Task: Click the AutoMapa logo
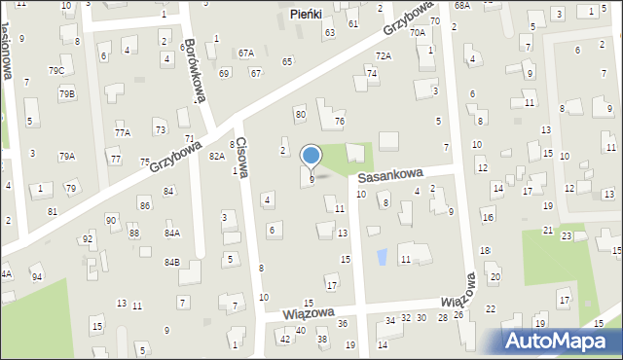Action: point(562,340)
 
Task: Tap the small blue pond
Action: point(382,257)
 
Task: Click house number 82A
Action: point(216,156)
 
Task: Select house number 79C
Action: point(56,71)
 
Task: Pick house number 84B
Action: point(172,263)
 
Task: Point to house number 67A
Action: point(246,53)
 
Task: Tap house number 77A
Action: point(122,132)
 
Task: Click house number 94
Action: point(37,277)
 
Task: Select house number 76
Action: point(340,121)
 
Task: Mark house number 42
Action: point(284,339)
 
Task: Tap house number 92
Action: point(88,238)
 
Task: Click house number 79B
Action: point(66,93)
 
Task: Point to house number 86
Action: point(144,205)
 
